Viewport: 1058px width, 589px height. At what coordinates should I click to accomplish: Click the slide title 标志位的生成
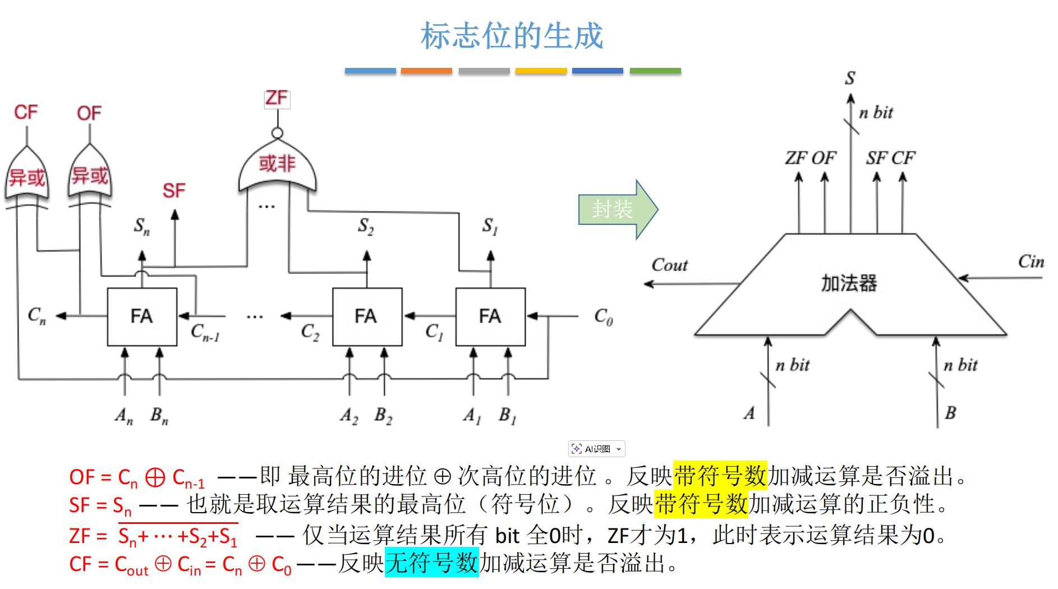pyautogui.click(x=512, y=36)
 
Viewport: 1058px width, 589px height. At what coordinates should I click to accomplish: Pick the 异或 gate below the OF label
pyautogui.click(x=90, y=176)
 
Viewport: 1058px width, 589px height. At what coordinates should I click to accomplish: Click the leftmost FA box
pyautogui.click(x=142, y=316)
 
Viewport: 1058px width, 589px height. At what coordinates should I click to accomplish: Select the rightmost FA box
pyautogui.click(x=490, y=316)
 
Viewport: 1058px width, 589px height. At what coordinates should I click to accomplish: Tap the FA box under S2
pyautogui.click(x=367, y=316)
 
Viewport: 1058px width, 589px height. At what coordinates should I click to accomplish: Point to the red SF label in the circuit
pyautogui.click(x=174, y=191)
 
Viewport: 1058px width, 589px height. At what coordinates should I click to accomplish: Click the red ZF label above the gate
pyautogui.click(x=277, y=98)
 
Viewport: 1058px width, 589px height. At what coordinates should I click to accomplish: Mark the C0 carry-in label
pyautogui.click(x=604, y=317)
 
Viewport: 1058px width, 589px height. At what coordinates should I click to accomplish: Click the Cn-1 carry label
pyautogui.click(x=205, y=332)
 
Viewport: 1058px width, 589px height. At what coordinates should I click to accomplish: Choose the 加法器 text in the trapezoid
pyautogui.click(x=849, y=283)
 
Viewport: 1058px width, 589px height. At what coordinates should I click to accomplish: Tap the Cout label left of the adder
pyautogui.click(x=669, y=265)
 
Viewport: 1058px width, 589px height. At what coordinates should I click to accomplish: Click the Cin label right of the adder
pyautogui.click(x=1031, y=261)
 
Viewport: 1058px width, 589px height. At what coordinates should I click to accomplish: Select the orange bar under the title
pyautogui.click(x=426, y=71)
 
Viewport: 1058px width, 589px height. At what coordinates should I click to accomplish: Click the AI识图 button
pyautogui.click(x=596, y=449)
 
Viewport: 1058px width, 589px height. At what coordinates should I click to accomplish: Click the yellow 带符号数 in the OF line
pyautogui.click(x=720, y=476)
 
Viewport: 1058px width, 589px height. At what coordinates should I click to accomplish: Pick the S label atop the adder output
pyautogui.click(x=850, y=78)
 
